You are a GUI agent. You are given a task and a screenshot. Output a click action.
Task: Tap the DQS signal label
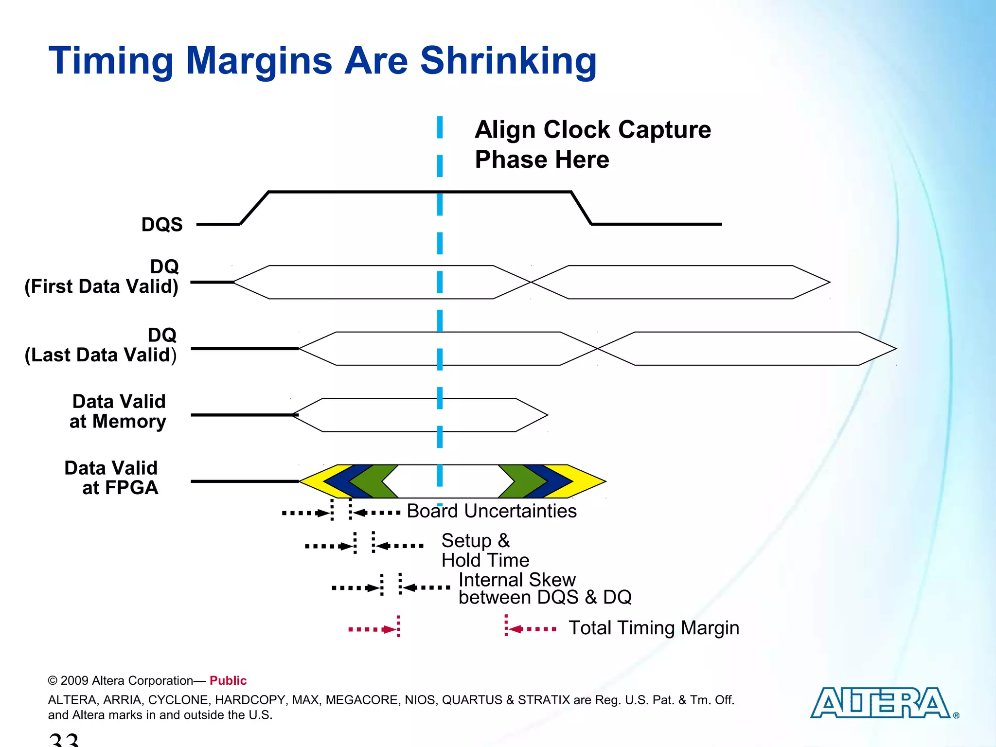(x=162, y=225)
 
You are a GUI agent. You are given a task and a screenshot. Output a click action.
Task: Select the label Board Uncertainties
(x=491, y=511)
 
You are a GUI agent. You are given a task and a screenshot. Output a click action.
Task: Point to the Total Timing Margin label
(x=654, y=628)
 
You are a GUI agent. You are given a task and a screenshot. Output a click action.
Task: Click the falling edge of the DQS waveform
(x=581, y=208)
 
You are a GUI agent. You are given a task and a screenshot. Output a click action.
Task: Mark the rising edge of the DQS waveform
(x=254, y=208)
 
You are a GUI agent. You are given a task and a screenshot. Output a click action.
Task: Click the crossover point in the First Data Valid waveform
(x=531, y=282)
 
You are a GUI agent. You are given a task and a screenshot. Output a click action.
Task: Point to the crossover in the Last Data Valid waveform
(x=597, y=349)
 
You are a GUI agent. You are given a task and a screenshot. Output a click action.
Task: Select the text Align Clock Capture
(x=592, y=130)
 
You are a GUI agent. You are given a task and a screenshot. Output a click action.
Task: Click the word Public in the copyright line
(x=228, y=680)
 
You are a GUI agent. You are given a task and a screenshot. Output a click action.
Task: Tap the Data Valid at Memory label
(x=118, y=411)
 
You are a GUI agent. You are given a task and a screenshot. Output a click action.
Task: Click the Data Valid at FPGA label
(x=112, y=478)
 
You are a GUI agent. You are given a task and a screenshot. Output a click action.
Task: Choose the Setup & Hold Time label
(x=484, y=551)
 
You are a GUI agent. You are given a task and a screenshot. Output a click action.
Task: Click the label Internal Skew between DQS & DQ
(x=544, y=588)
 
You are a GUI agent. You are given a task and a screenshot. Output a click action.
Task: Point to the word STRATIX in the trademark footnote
(x=543, y=700)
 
